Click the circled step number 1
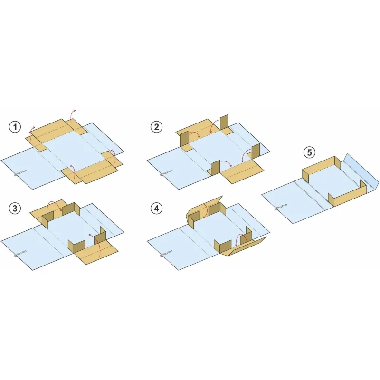click(15, 127)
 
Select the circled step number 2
click(156, 127)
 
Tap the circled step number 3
click(15, 208)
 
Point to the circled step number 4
click(156, 208)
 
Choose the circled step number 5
click(310, 152)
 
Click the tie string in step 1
click(19, 173)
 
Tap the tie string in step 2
click(166, 173)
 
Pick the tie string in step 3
click(19, 254)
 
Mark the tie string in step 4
click(166, 254)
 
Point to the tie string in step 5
click(280, 207)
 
